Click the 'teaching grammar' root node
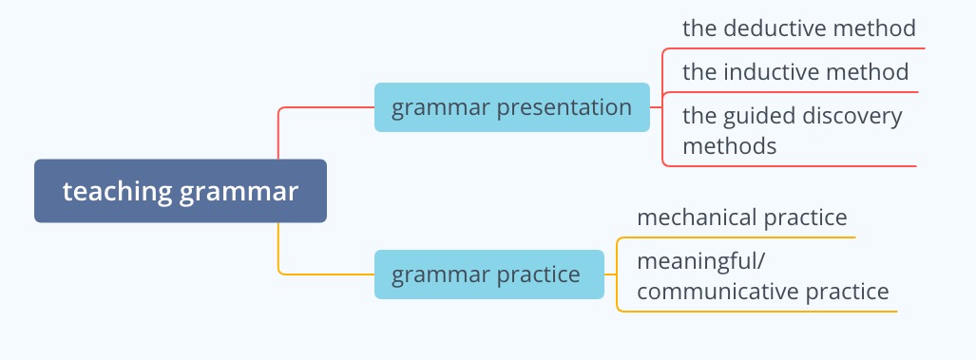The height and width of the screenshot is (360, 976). click(180, 191)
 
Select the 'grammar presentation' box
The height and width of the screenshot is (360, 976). click(511, 107)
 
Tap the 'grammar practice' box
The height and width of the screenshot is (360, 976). click(488, 275)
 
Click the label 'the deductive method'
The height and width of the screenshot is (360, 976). click(798, 28)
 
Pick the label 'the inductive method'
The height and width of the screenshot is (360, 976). click(795, 72)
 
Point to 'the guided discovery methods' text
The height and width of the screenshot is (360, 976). click(792, 130)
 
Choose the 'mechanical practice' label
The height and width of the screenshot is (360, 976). click(742, 218)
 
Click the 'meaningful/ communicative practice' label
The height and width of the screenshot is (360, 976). click(762, 276)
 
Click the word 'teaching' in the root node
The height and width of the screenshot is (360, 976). click(116, 192)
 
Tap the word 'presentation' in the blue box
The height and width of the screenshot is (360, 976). click(564, 108)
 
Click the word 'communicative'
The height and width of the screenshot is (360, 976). click(718, 292)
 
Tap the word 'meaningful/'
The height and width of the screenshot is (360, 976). click(699, 262)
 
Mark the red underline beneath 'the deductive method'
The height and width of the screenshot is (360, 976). click(794, 47)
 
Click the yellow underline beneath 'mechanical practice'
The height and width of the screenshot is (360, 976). click(736, 237)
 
